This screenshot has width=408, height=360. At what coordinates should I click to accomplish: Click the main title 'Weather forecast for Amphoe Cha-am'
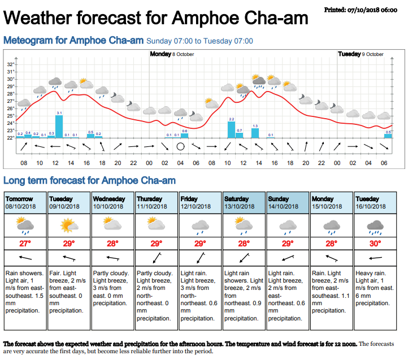(156, 19)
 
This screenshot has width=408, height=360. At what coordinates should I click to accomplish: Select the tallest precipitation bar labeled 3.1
(59, 125)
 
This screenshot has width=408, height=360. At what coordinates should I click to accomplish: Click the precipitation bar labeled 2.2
(231, 129)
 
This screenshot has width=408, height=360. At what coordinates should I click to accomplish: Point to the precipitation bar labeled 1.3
(255, 133)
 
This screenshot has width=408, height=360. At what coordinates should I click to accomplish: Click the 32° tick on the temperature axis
(10, 64)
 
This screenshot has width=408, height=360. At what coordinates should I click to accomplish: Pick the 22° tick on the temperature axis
(10, 137)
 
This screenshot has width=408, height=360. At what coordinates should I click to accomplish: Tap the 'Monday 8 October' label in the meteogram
(172, 54)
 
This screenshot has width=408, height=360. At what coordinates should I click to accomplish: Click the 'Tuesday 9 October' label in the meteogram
(361, 54)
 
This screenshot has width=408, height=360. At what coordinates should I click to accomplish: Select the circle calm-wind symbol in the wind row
(180, 147)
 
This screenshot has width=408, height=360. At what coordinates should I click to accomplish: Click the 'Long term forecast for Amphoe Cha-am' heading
(89, 181)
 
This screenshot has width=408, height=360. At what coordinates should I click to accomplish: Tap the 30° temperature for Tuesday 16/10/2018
(375, 244)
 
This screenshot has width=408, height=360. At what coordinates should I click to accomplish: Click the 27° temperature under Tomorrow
(25, 244)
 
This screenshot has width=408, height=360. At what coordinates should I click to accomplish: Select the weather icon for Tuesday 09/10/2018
(69, 226)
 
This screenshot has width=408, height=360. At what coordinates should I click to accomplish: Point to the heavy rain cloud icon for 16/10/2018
(375, 226)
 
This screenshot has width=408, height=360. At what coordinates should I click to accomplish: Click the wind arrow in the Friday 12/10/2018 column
(200, 258)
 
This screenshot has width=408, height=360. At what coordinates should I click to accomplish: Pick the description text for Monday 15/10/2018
(331, 292)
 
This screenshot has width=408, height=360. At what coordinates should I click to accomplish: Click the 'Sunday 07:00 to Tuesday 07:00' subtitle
(199, 41)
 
